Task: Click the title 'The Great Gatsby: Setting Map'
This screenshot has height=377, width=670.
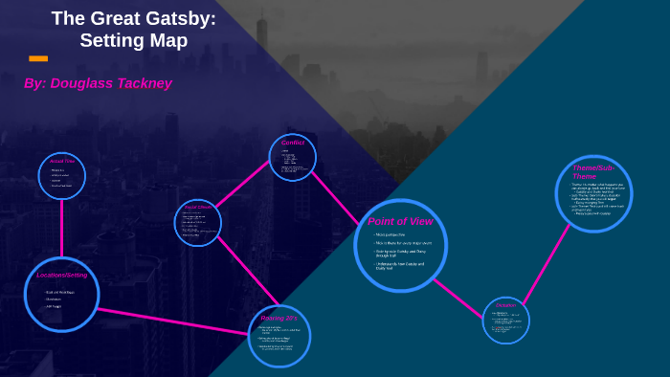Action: click(x=133, y=30)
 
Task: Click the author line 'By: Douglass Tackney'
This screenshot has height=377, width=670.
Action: click(x=98, y=83)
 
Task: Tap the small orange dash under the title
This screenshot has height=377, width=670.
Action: click(x=38, y=58)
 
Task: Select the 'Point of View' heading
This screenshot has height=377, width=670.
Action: click(x=400, y=221)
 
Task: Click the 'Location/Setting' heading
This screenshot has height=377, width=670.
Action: click(x=62, y=275)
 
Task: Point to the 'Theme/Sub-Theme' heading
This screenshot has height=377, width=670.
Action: click(x=592, y=172)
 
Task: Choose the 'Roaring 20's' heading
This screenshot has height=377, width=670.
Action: click(x=279, y=318)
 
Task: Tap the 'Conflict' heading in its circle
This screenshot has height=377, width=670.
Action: click(x=292, y=143)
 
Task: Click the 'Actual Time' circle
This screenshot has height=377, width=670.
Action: click(x=62, y=176)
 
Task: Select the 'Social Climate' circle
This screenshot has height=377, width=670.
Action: click(x=198, y=223)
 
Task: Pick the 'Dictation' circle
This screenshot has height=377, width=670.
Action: click(x=505, y=320)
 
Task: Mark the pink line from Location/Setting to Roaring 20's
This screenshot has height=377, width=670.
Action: click(x=173, y=322)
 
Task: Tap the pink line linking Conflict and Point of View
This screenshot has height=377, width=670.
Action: click(x=335, y=197)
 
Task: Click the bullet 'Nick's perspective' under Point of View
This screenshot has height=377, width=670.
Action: click(x=391, y=234)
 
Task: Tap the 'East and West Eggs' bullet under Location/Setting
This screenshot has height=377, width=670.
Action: click(x=59, y=292)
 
